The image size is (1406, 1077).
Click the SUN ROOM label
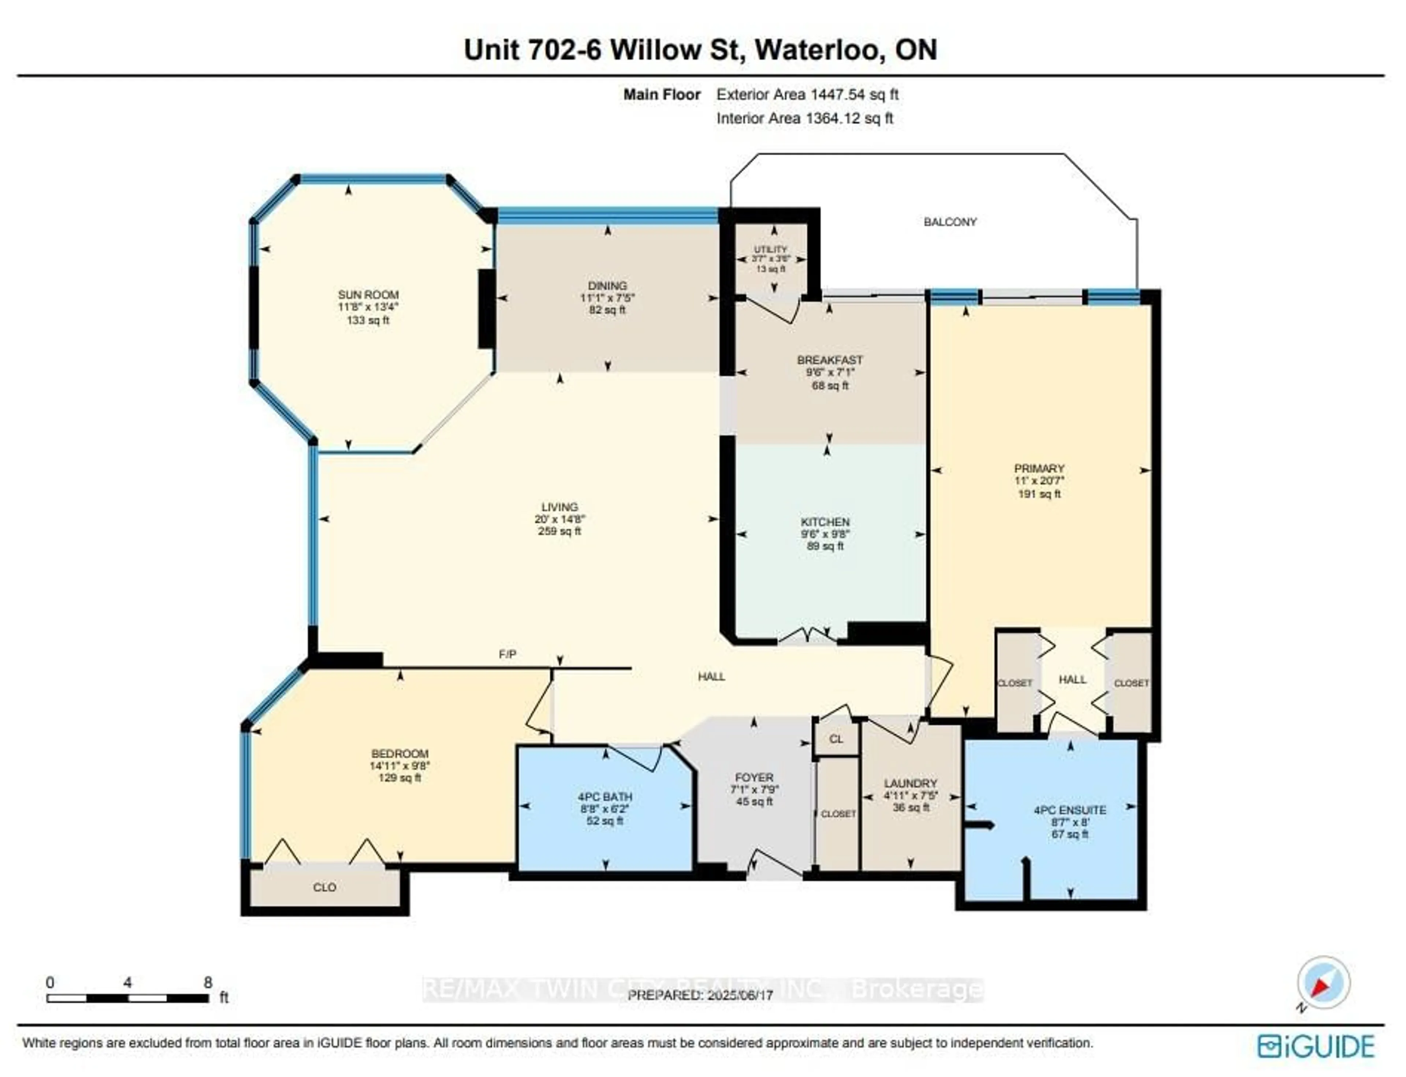(368, 295)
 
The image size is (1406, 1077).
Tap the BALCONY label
(950, 222)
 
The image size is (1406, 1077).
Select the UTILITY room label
(770, 249)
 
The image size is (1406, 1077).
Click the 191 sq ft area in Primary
(1039, 494)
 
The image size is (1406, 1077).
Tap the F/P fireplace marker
(507, 654)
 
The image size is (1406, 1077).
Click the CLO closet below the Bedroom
(324, 887)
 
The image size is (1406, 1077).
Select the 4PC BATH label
(605, 797)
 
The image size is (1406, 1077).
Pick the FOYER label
(754, 777)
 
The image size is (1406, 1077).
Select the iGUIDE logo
(1315, 1046)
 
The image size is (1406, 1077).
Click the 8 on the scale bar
(207, 982)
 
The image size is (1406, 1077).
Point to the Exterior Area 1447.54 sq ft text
(807, 95)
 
